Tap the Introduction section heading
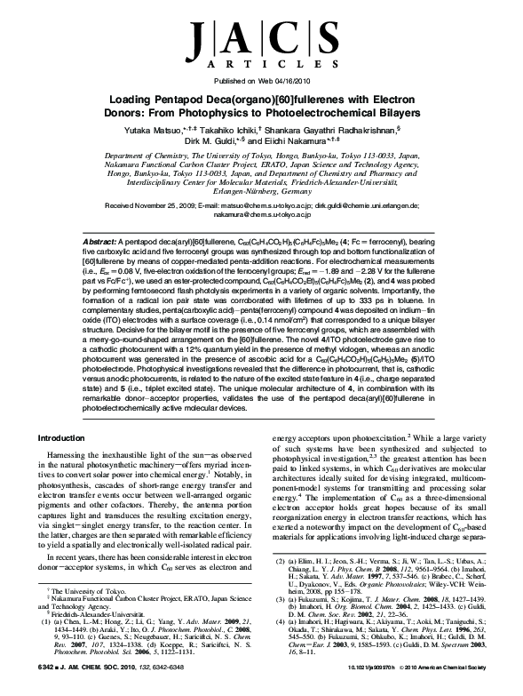coord(77,438)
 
